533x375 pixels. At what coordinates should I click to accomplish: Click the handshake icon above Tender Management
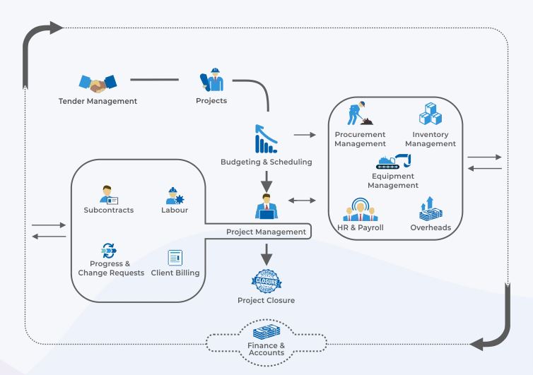[x=97, y=83]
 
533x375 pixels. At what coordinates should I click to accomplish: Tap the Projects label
[x=211, y=100]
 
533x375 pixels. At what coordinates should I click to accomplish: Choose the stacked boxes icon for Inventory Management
[x=430, y=114]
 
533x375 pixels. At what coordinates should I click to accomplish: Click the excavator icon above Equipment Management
[x=394, y=160]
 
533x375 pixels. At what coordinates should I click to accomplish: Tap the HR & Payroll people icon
[x=359, y=209]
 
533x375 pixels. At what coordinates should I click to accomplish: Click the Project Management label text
[x=266, y=232]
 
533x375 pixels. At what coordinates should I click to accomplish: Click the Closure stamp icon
[x=266, y=280]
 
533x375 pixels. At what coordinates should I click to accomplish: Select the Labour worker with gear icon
[x=174, y=195]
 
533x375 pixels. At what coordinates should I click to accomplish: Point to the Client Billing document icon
[x=175, y=258]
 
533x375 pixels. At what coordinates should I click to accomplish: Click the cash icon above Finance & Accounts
[x=266, y=330]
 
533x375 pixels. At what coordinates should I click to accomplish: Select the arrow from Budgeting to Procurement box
[x=304, y=133]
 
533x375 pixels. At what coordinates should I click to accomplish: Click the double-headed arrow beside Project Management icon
[x=303, y=201]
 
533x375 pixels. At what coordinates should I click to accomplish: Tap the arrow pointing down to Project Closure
[x=266, y=252]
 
